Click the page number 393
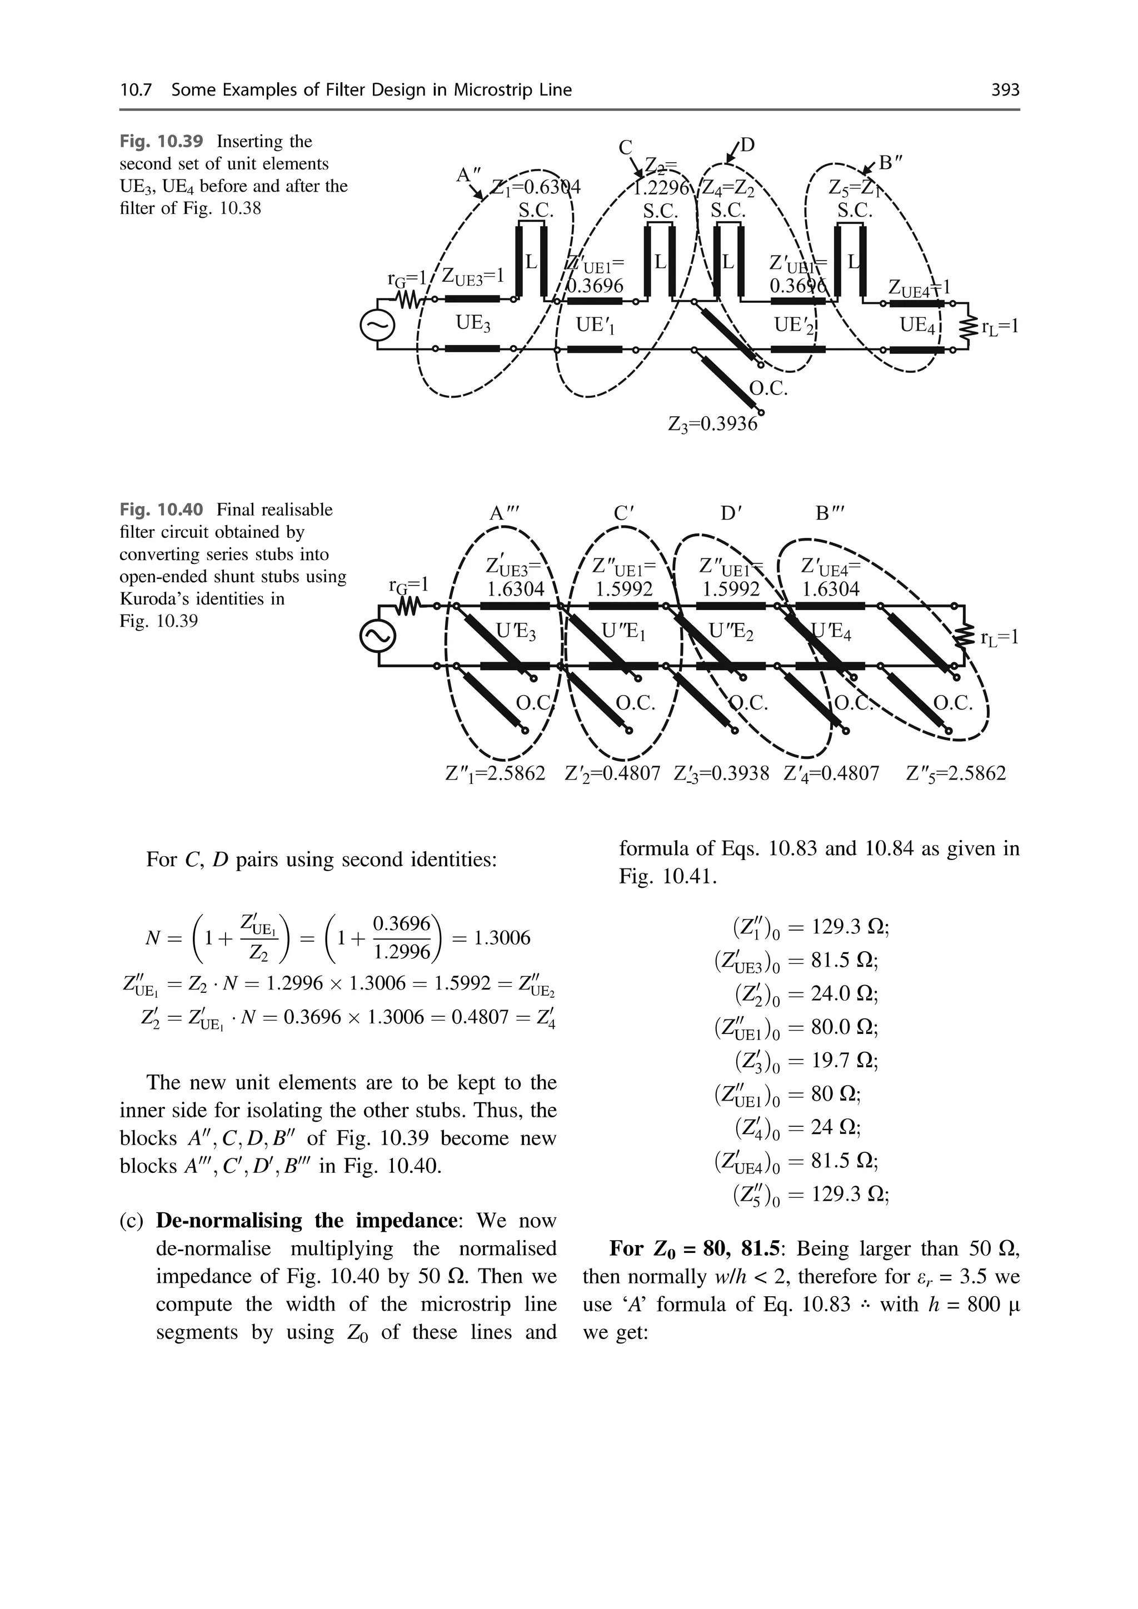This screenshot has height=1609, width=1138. [1005, 89]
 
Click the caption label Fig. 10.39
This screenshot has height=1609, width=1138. [161, 142]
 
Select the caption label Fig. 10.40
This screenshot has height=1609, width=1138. [161, 509]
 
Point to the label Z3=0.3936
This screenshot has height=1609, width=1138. [713, 424]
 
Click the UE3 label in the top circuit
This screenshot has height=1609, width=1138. [473, 324]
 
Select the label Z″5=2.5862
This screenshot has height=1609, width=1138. [956, 774]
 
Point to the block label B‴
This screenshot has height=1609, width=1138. [830, 514]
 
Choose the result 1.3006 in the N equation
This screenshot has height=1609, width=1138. [502, 938]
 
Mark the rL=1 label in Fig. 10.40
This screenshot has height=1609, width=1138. [998, 637]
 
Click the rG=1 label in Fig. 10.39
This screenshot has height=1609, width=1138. [407, 278]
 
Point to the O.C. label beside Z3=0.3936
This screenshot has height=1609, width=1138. [768, 389]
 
